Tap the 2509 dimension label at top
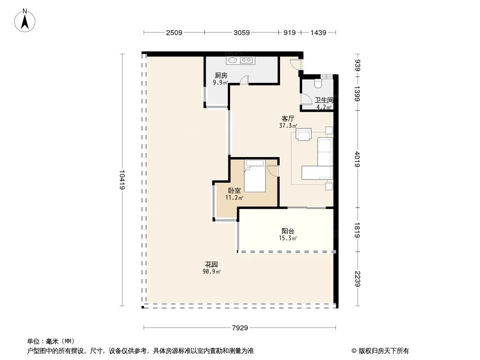[174, 33]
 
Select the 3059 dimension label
[241, 33]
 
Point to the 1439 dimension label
[318, 33]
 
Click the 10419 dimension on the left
[122, 180]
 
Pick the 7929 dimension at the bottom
[240, 328]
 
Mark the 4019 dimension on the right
[358, 160]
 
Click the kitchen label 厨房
[221, 76]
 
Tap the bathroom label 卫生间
[324, 100]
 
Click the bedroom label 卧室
[234, 190]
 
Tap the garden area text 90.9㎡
[212, 271]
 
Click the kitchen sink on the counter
[233, 60]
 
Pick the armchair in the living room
[304, 135]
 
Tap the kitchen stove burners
[246, 60]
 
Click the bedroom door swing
[273, 171]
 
